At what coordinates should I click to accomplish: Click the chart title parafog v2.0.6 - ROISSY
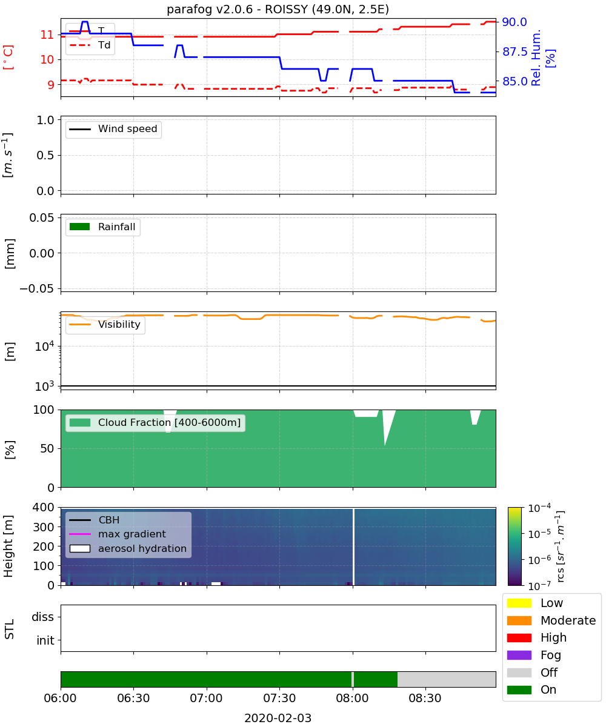pos(278,9)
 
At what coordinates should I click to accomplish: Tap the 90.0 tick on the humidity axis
pos(514,22)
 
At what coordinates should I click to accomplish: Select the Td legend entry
pos(90,45)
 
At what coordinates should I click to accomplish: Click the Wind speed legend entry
pos(113,129)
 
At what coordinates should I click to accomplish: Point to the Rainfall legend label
pos(116,227)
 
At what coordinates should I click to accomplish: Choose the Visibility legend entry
pos(105,325)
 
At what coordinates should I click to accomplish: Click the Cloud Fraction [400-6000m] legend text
pos(169,422)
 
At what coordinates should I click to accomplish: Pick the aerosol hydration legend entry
pos(128,549)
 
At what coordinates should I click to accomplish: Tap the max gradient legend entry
pos(118,534)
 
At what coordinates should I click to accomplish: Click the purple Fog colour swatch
pos(519,655)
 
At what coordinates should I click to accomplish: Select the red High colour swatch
pos(519,637)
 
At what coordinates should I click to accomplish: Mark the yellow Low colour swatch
pos(519,603)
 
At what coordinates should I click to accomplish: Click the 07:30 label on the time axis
pos(279,698)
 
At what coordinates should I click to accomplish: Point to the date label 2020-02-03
pos(278,718)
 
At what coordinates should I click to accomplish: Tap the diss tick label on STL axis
pos(42,617)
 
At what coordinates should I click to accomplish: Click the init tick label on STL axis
pos(45,640)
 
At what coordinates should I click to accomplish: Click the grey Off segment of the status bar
pos(447,679)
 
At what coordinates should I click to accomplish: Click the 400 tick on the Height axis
pos(43,507)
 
